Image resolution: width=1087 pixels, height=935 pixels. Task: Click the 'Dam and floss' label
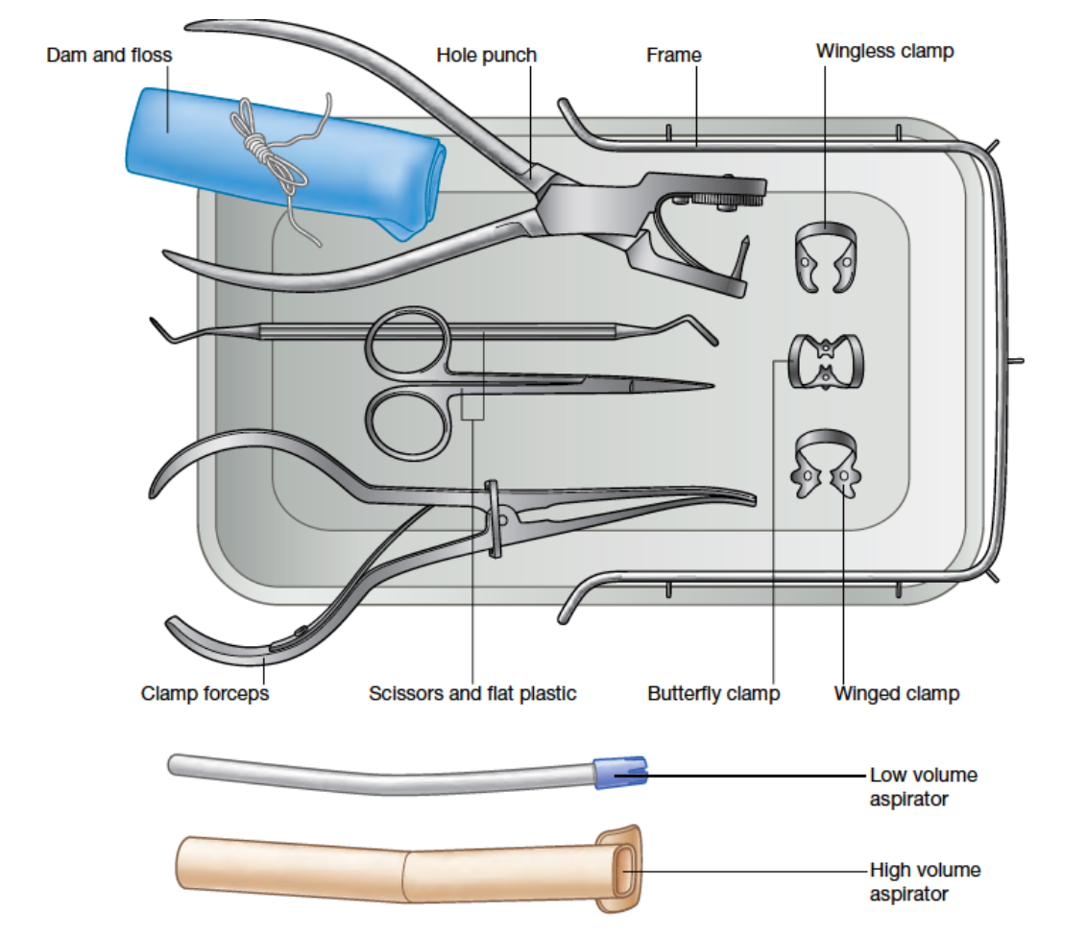pos(109,55)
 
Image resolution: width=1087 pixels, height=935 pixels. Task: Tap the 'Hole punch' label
pos(486,55)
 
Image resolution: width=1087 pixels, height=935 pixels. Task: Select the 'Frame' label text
pos(673,55)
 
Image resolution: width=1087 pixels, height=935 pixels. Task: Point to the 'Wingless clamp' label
pos(884,51)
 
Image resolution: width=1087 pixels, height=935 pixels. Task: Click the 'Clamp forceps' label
pos(205,692)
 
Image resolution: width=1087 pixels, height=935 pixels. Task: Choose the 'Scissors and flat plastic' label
pos(472,692)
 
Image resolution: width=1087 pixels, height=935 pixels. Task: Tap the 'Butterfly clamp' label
pos(713,692)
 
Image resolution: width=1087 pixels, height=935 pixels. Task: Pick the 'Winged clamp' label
pos(896,692)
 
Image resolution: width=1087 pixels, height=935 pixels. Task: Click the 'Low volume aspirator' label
pos(923,785)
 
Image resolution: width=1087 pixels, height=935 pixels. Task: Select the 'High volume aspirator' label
pos(925,881)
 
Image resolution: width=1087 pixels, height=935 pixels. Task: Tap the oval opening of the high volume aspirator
pos(623,867)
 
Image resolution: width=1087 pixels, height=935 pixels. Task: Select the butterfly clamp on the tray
pos(826,361)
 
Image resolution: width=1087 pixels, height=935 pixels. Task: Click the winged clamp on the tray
pos(829,465)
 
